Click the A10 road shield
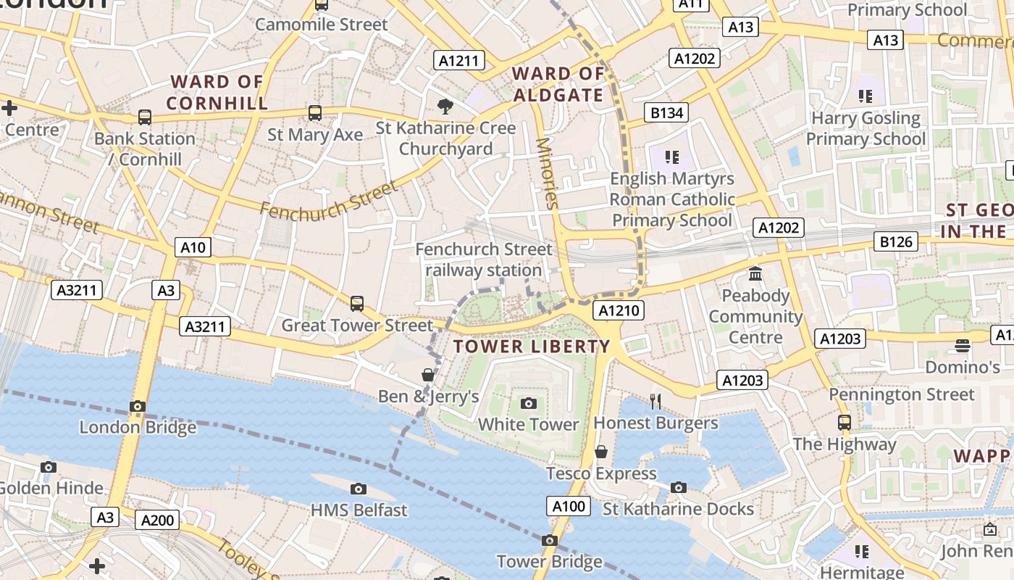point(193,247)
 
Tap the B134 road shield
point(666,112)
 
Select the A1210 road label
point(618,311)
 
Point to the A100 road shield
point(568,506)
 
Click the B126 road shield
point(895,241)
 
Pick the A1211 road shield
point(459,60)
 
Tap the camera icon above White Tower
point(529,403)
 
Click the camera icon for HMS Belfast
point(358,489)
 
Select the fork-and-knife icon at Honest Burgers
point(655,401)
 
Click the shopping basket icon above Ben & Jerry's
point(428,375)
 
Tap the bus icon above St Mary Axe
point(314,113)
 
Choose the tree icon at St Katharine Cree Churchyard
point(445,107)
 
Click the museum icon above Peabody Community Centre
point(755,274)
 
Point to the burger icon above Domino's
point(962,345)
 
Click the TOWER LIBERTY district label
point(532,347)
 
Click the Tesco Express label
point(601,473)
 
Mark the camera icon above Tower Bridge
point(549,540)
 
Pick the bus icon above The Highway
point(844,422)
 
